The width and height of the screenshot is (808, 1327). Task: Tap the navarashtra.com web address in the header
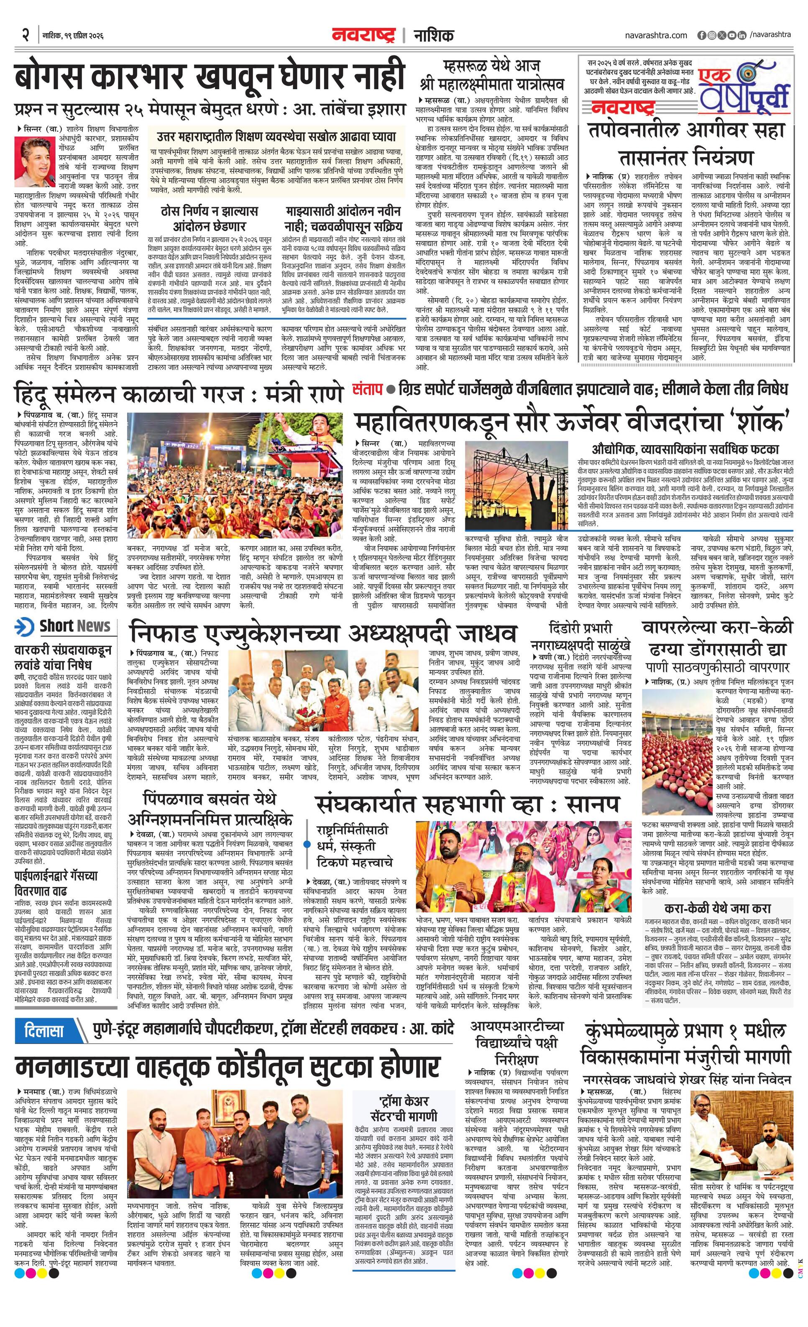tap(656, 35)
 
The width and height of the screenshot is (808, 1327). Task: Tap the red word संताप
tap(368, 388)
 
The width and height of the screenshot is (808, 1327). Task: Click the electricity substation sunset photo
tap(516, 486)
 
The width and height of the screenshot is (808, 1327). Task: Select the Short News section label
tap(64, 626)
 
